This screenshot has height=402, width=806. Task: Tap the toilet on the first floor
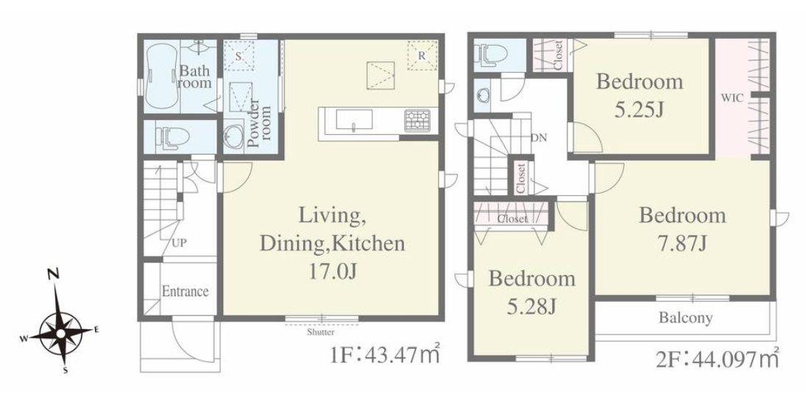point(172,137)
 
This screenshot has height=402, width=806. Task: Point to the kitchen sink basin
point(355,120)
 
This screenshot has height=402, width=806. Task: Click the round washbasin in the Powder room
point(234,137)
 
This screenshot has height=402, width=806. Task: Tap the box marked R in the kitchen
point(422,55)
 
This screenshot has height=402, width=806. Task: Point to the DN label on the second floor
point(539,138)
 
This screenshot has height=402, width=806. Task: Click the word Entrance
point(185,292)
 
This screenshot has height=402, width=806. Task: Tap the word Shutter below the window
point(321,332)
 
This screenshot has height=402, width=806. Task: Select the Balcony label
point(686,318)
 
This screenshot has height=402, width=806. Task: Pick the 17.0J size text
point(332,272)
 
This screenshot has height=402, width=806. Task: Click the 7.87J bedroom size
point(682,244)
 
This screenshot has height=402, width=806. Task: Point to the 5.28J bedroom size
point(531,307)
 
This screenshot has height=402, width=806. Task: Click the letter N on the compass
point(53,275)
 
